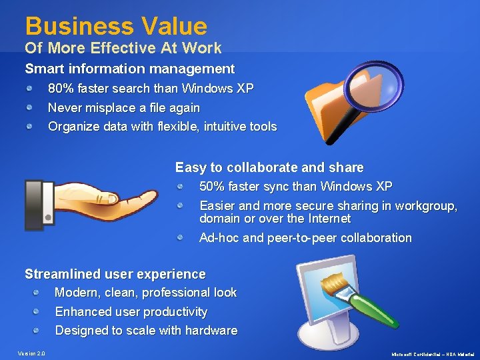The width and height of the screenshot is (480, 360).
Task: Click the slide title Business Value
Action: tap(116, 27)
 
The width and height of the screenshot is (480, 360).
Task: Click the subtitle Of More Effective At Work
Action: tap(123, 48)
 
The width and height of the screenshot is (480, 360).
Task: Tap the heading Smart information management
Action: tap(129, 69)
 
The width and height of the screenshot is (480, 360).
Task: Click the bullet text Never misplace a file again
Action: tap(124, 107)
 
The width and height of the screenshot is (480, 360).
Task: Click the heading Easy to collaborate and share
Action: tap(269, 167)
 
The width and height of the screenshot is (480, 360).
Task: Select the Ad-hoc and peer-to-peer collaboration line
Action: tap(305, 238)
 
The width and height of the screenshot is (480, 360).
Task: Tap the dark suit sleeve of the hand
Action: tap(34, 204)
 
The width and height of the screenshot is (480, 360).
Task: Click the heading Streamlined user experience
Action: tap(115, 274)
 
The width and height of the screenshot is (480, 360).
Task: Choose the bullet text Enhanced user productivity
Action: tap(131, 312)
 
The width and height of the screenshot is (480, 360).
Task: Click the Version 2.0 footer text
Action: tap(31, 353)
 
